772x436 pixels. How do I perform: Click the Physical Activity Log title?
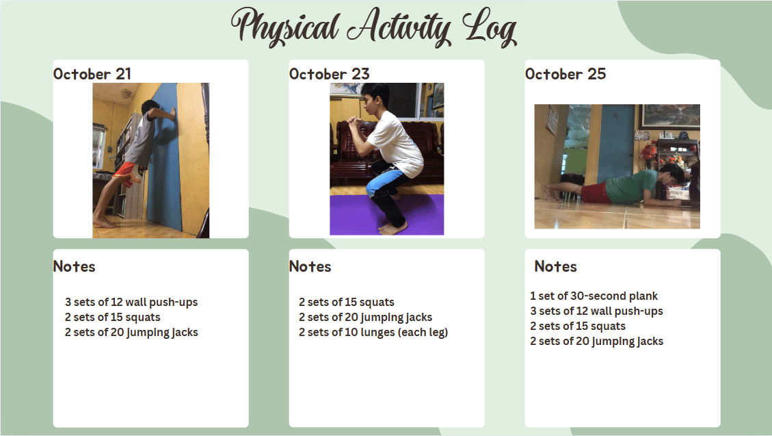(x=373, y=27)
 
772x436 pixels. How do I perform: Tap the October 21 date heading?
(x=92, y=74)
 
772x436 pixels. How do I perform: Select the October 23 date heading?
(x=329, y=74)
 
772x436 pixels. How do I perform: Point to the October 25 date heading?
(x=565, y=74)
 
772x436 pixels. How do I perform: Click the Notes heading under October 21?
(x=74, y=266)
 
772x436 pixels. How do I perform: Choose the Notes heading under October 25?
(x=555, y=266)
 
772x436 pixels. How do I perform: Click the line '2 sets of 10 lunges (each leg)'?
(x=373, y=333)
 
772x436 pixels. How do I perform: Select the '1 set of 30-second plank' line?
(x=594, y=296)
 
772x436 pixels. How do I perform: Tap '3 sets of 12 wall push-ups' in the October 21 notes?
(x=131, y=303)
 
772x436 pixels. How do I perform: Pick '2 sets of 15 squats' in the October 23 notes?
(x=347, y=302)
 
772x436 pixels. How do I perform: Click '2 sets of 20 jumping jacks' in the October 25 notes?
(x=596, y=342)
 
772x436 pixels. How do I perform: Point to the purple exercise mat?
(x=386, y=215)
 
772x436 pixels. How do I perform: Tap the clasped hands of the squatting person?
(x=354, y=121)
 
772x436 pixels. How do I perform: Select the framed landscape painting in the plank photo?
(x=671, y=117)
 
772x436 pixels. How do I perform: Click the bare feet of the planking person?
(x=550, y=192)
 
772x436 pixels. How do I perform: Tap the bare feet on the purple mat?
(x=393, y=228)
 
